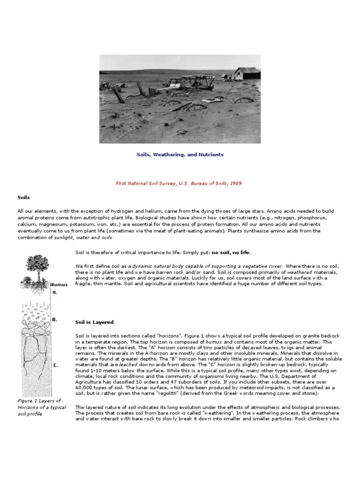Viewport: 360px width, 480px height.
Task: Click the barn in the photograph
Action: tap(246, 73)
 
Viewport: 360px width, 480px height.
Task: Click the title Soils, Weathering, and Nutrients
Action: tap(180, 154)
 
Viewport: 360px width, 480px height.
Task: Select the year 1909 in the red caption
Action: tap(236, 183)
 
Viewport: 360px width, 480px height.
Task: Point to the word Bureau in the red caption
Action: tap(194, 183)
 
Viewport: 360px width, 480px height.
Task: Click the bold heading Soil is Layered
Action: tap(94, 322)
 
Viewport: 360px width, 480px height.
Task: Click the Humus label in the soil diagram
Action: tap(60, 285)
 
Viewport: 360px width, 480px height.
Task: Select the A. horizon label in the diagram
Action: tap(54, 292)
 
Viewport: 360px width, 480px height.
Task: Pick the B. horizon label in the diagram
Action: tap(55, 319)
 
